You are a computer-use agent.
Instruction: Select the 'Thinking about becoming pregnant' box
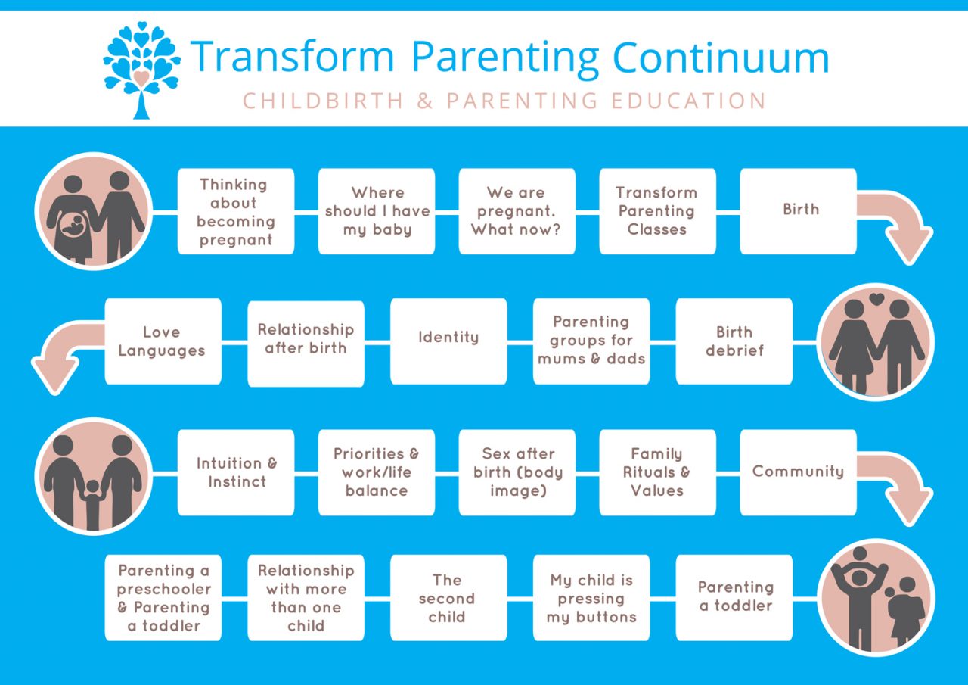[x=236, y=211]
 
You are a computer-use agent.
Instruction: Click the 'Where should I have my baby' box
[x=377, y=211]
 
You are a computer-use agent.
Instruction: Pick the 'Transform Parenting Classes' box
[x=657, y=211]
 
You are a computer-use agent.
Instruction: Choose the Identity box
[x=448, y=341]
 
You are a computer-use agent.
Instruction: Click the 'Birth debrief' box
[x=734, y=341]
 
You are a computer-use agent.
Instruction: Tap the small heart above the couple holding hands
[x=876, y=299]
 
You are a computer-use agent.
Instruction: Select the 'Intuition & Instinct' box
[x=236, y=472]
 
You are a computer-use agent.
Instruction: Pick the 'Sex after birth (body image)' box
[x=517, y=472]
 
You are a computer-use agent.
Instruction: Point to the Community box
[x=798, y=472]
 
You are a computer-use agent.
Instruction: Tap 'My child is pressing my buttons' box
[x=591, y=599]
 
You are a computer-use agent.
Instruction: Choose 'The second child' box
[x=448, y=599]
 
